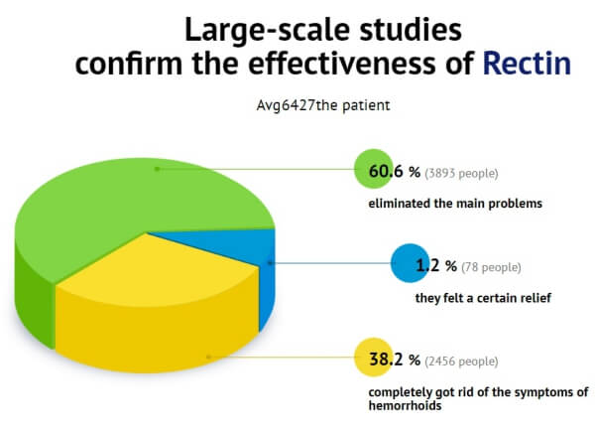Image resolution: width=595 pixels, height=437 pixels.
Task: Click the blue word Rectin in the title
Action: pos(527,64)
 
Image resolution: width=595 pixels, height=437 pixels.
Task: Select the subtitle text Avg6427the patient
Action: pos(323,105)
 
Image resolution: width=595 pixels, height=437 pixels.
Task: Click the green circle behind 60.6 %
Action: pos(374,169)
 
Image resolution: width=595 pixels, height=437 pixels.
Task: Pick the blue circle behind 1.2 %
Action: pos(410,263)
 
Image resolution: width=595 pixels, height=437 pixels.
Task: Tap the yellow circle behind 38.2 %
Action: pos(374,358)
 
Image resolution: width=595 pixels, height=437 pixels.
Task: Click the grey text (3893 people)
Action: pos(461,173)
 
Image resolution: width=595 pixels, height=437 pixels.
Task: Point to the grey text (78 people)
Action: pos(491,267)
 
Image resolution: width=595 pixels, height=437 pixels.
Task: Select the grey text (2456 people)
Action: pos(461,362)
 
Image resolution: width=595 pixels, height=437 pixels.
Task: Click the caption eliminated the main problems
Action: pos(455,204)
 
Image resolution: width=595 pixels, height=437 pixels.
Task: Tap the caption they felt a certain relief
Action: pos(483,298)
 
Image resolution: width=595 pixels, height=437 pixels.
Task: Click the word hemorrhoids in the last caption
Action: pos(405,405)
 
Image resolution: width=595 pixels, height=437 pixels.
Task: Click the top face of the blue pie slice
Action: pos(228,243)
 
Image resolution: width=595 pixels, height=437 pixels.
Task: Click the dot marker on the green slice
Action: pos(157,169)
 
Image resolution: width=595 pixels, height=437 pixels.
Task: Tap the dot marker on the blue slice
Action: pos(270,263)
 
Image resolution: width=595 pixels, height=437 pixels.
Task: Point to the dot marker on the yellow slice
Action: pos(208,357)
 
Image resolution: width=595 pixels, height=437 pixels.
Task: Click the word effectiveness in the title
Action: pos(341,63)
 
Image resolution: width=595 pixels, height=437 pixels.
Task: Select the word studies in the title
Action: pos(411,30)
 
